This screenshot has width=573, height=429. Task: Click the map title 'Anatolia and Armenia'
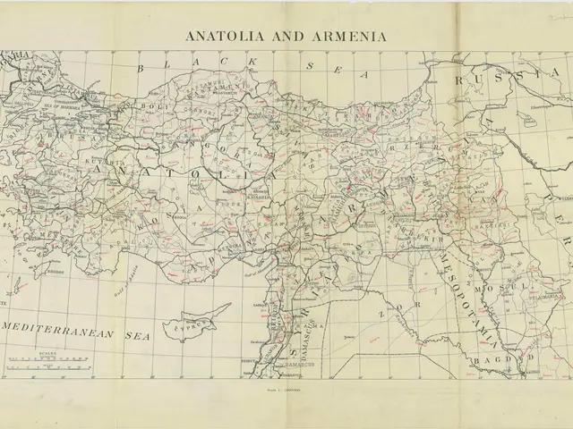click(286, 37)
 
